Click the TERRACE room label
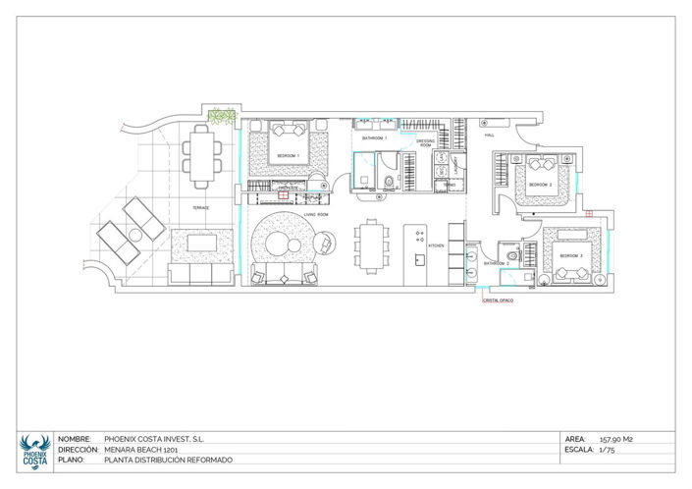[x=200, y=208]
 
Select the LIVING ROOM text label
[x=315, y=213]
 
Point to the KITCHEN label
[x=437, y=244]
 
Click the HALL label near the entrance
[x=487, y=136]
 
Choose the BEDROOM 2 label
[x=541, y=185]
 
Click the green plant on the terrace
[x=225, y=117]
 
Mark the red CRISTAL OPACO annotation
[x=497, y=301]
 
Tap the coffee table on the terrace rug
[x=202, y=243]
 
